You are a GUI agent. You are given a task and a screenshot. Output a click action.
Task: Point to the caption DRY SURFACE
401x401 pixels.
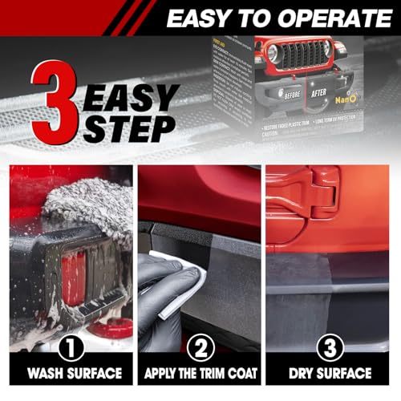click(x=330, y=374)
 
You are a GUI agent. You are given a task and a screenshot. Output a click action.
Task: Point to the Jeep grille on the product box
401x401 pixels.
click(x=303, y=61)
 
